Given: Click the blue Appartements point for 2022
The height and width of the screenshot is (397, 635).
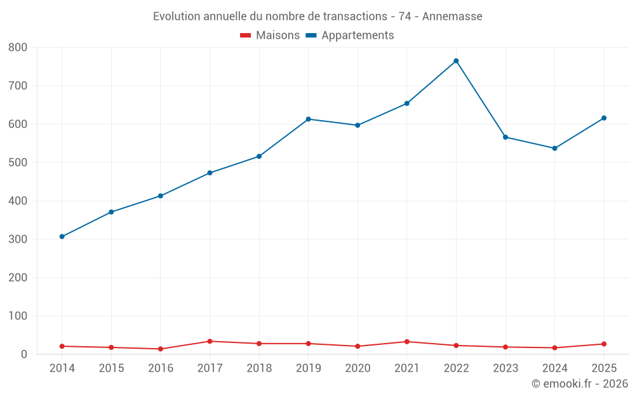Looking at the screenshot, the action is pos(456,61).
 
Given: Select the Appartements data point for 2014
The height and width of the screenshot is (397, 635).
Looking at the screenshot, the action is pos(62,236).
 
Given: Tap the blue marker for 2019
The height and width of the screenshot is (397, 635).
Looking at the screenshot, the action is pos(308,119).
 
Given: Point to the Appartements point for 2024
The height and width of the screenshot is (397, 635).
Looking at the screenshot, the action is pos(555,148).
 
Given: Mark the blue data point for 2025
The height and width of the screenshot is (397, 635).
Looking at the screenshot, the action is pos(604,118).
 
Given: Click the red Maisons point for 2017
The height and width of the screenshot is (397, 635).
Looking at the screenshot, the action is pos(210,342).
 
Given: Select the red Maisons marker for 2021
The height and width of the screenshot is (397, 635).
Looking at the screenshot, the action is pos(407,342).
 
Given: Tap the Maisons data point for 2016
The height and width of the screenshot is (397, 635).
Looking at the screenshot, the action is pos(161,349).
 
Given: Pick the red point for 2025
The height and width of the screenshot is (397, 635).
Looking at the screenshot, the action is pos(604,344).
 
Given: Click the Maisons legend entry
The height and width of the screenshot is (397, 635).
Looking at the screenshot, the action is pos(270,35).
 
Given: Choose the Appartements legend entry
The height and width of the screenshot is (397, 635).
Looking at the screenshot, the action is pos(350,35).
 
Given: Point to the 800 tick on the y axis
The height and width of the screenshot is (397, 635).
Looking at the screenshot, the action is pos(18,48).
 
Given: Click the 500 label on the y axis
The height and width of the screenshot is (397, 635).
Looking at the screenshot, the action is pos(18,163).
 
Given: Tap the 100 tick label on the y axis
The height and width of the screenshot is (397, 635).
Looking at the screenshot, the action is pos(18,316).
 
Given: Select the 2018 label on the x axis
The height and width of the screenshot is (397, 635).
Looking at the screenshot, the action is pos(259,368).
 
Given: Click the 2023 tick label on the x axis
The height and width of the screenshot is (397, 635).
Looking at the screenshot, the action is pos(505,368).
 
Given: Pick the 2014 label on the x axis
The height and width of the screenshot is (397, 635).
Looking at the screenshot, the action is pos(62,368).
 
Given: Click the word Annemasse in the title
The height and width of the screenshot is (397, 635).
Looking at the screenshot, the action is pos(452,17).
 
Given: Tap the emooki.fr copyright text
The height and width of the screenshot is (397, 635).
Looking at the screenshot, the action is pos(580,383).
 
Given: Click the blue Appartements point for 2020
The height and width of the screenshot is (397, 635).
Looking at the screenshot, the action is pos(358,125).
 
